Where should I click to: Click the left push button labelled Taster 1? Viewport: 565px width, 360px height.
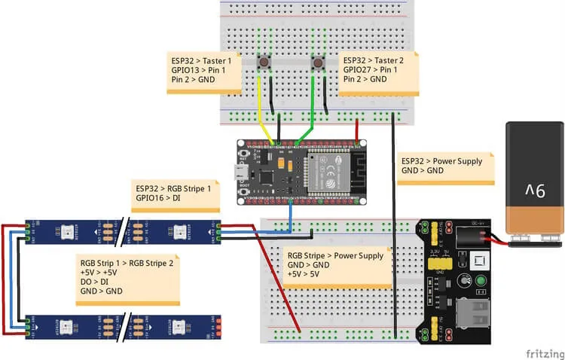pyautogui.click(x=264, y=63)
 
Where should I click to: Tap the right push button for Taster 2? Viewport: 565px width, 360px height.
pyautogui.click(x=318, y=63)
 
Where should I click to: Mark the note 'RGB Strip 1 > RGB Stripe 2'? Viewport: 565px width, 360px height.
pyautogui.click(x=128, y=276)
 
